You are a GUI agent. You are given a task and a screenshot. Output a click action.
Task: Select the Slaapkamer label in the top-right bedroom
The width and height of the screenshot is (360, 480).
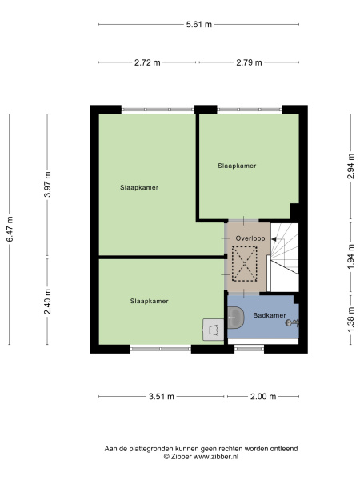coord(237,166)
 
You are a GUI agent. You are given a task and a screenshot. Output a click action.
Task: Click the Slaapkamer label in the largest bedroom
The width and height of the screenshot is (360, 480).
coord(138,187)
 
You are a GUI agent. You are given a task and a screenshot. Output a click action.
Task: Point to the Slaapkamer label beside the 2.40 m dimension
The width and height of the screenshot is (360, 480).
coord(150,301)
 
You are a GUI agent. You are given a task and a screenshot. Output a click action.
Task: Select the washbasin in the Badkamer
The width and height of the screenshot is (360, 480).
coord(235,318)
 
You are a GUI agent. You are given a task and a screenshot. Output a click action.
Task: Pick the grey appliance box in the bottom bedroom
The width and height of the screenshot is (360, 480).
coord(213,329)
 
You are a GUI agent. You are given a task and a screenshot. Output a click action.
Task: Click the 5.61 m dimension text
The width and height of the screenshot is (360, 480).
coord(198,25)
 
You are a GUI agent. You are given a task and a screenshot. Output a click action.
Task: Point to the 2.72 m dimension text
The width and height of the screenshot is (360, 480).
coord(147,62)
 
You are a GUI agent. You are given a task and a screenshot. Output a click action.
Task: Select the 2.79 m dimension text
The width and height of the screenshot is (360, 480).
coord(250,62)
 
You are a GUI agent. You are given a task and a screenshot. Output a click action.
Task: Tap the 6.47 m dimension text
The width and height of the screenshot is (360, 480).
coord(10,229)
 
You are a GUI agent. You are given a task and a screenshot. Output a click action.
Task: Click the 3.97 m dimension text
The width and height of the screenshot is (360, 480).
coord(47,185)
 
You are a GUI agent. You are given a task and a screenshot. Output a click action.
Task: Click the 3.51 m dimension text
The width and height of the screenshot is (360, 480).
coord(162,397)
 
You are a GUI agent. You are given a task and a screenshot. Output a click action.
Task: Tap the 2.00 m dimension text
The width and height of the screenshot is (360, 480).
coord(263,397)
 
